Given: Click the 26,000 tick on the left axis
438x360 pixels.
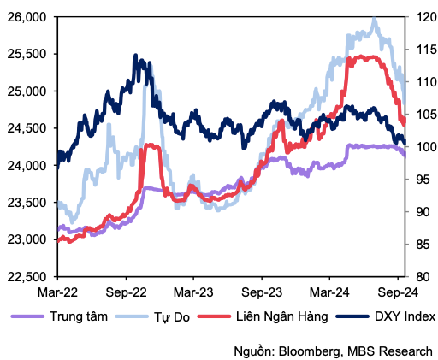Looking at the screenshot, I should [x=28, y=16].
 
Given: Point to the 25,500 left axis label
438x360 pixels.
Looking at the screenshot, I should [x=28, y=53].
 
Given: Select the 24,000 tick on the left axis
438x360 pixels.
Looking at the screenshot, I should [x=28, y=165].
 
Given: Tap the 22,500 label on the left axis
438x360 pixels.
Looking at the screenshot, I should [x=28, y=276].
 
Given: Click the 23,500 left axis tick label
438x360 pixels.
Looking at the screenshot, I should [x=28, y=202].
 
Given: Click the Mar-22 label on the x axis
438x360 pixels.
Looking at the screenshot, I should [x=56, y=291].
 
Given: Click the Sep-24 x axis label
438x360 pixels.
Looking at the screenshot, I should [x=399, y=291].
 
